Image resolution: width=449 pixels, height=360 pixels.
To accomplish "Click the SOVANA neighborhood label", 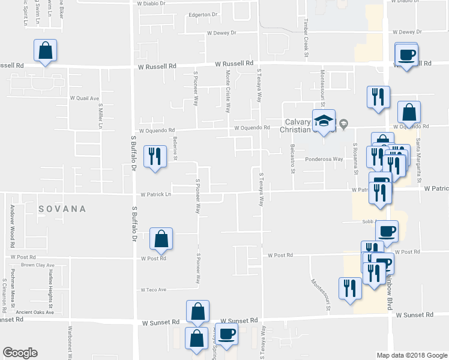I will tap(62, 209).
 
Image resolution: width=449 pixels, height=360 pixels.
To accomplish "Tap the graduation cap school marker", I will tap(324, 121).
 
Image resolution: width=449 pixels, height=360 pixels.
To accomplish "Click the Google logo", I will tap(20, 353).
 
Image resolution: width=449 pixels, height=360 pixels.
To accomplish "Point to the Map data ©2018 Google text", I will tap(411, 355).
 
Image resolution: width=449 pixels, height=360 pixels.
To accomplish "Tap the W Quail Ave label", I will tap(85, 98).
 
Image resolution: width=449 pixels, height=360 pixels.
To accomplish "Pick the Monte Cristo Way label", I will tap(228, 91).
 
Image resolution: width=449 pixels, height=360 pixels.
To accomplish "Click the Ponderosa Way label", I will tap(324, 160).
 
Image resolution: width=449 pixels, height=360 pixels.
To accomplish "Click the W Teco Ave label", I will tap(154, 290).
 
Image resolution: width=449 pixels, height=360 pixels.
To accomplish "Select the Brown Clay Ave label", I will tap(37, 265).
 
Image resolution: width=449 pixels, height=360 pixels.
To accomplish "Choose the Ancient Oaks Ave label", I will tap(35, 312).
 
